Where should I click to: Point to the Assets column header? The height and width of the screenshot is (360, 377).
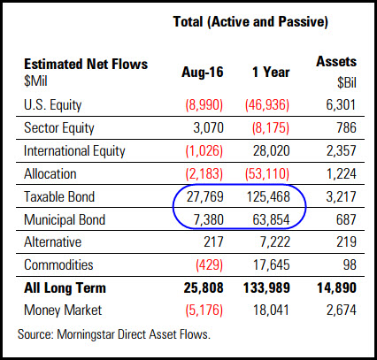(337, 63)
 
